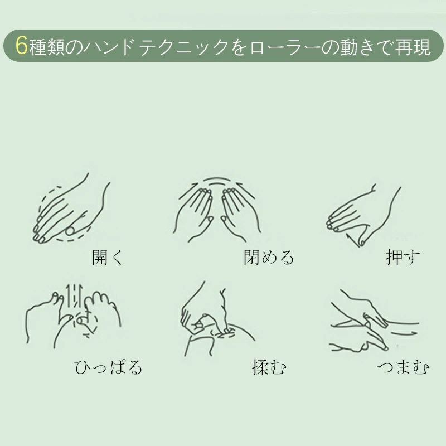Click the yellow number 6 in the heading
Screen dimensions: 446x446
21,46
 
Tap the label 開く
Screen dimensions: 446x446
107,257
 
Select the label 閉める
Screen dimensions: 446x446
269,257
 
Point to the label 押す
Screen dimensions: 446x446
403,257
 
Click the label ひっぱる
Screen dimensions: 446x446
108,367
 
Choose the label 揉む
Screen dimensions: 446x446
269,367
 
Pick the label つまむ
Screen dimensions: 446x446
403,367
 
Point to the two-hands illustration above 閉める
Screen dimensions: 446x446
217,210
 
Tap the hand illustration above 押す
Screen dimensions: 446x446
363,215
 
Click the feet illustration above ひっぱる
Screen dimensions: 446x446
74,316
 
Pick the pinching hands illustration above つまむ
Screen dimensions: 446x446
375,321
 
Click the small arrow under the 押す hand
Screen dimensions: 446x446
352,241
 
